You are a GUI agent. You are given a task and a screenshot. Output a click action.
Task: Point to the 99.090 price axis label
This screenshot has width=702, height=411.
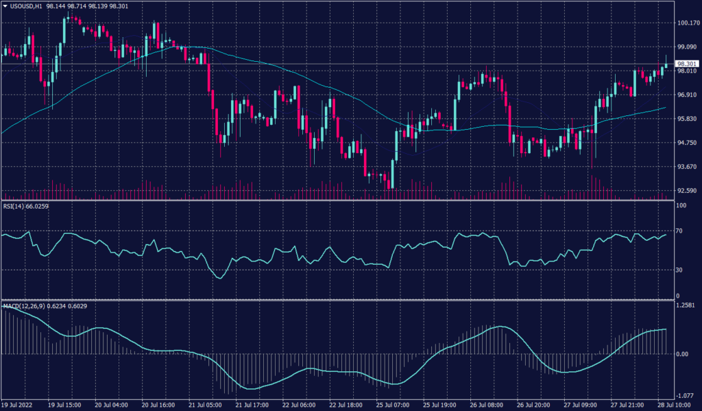pyautogui.click(x=686, y=47)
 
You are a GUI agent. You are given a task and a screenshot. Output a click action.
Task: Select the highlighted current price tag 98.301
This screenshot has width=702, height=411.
pyautogui.click(x=686, y=64)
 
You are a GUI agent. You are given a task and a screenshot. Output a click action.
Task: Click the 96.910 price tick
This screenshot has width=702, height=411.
pyautogui.click(x=686, y=95)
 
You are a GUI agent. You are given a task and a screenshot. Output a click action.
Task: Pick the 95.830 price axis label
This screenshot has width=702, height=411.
pyautogui.click(x=686, y=119)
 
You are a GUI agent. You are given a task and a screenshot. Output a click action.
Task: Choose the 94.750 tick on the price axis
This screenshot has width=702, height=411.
pyautogui.click(x=686, y=143)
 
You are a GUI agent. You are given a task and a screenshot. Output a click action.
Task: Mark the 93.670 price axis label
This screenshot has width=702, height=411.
pyautogui.click(x=686, y=167)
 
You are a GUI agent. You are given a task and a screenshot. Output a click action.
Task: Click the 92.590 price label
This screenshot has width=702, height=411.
pyautogui.click(x=686, y=191)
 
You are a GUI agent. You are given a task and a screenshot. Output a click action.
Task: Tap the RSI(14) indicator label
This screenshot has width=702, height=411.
pyautogui.click(x=16, y=207)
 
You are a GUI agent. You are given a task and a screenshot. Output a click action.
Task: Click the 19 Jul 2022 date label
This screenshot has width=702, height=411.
pyautogui.click(x=20, y=405)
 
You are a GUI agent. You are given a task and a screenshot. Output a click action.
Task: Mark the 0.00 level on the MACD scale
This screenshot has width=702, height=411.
pyautogui.click(x=682, y=354)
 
